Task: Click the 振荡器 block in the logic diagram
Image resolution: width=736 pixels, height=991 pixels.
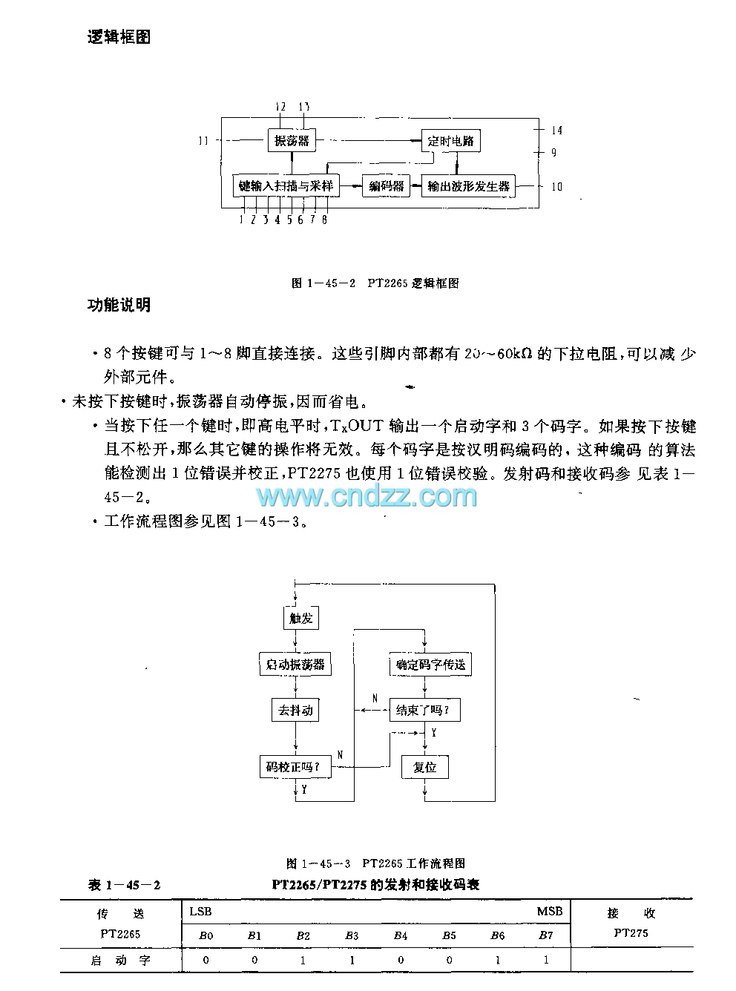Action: point(292,140)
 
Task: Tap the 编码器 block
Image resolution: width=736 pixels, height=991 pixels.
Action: point(387,186)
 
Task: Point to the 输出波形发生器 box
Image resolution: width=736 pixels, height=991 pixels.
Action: point(469,186)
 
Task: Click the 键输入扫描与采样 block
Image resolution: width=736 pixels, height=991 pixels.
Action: point(286,186)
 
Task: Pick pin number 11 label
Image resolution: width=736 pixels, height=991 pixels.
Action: point(203,141)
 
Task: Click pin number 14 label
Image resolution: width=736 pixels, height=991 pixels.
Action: point(556,131)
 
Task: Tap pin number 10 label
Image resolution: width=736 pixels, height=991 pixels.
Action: point(556,187)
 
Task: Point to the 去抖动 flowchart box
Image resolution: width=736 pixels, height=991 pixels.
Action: point(295,711)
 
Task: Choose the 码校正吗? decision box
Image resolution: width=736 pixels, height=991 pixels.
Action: point(293,767)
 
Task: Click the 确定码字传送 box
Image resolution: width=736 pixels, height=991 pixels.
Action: point(430,665)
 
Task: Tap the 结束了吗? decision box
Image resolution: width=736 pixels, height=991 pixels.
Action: point(423,711)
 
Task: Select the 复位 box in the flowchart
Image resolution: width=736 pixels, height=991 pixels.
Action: point(424,767)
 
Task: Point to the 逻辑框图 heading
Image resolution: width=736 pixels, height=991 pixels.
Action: point(119,37)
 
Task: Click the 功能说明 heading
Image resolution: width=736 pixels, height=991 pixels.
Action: point(119,305)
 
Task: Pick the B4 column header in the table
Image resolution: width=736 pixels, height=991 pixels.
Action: point(401,936)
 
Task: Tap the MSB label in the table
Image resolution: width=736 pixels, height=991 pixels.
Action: point(550,912)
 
